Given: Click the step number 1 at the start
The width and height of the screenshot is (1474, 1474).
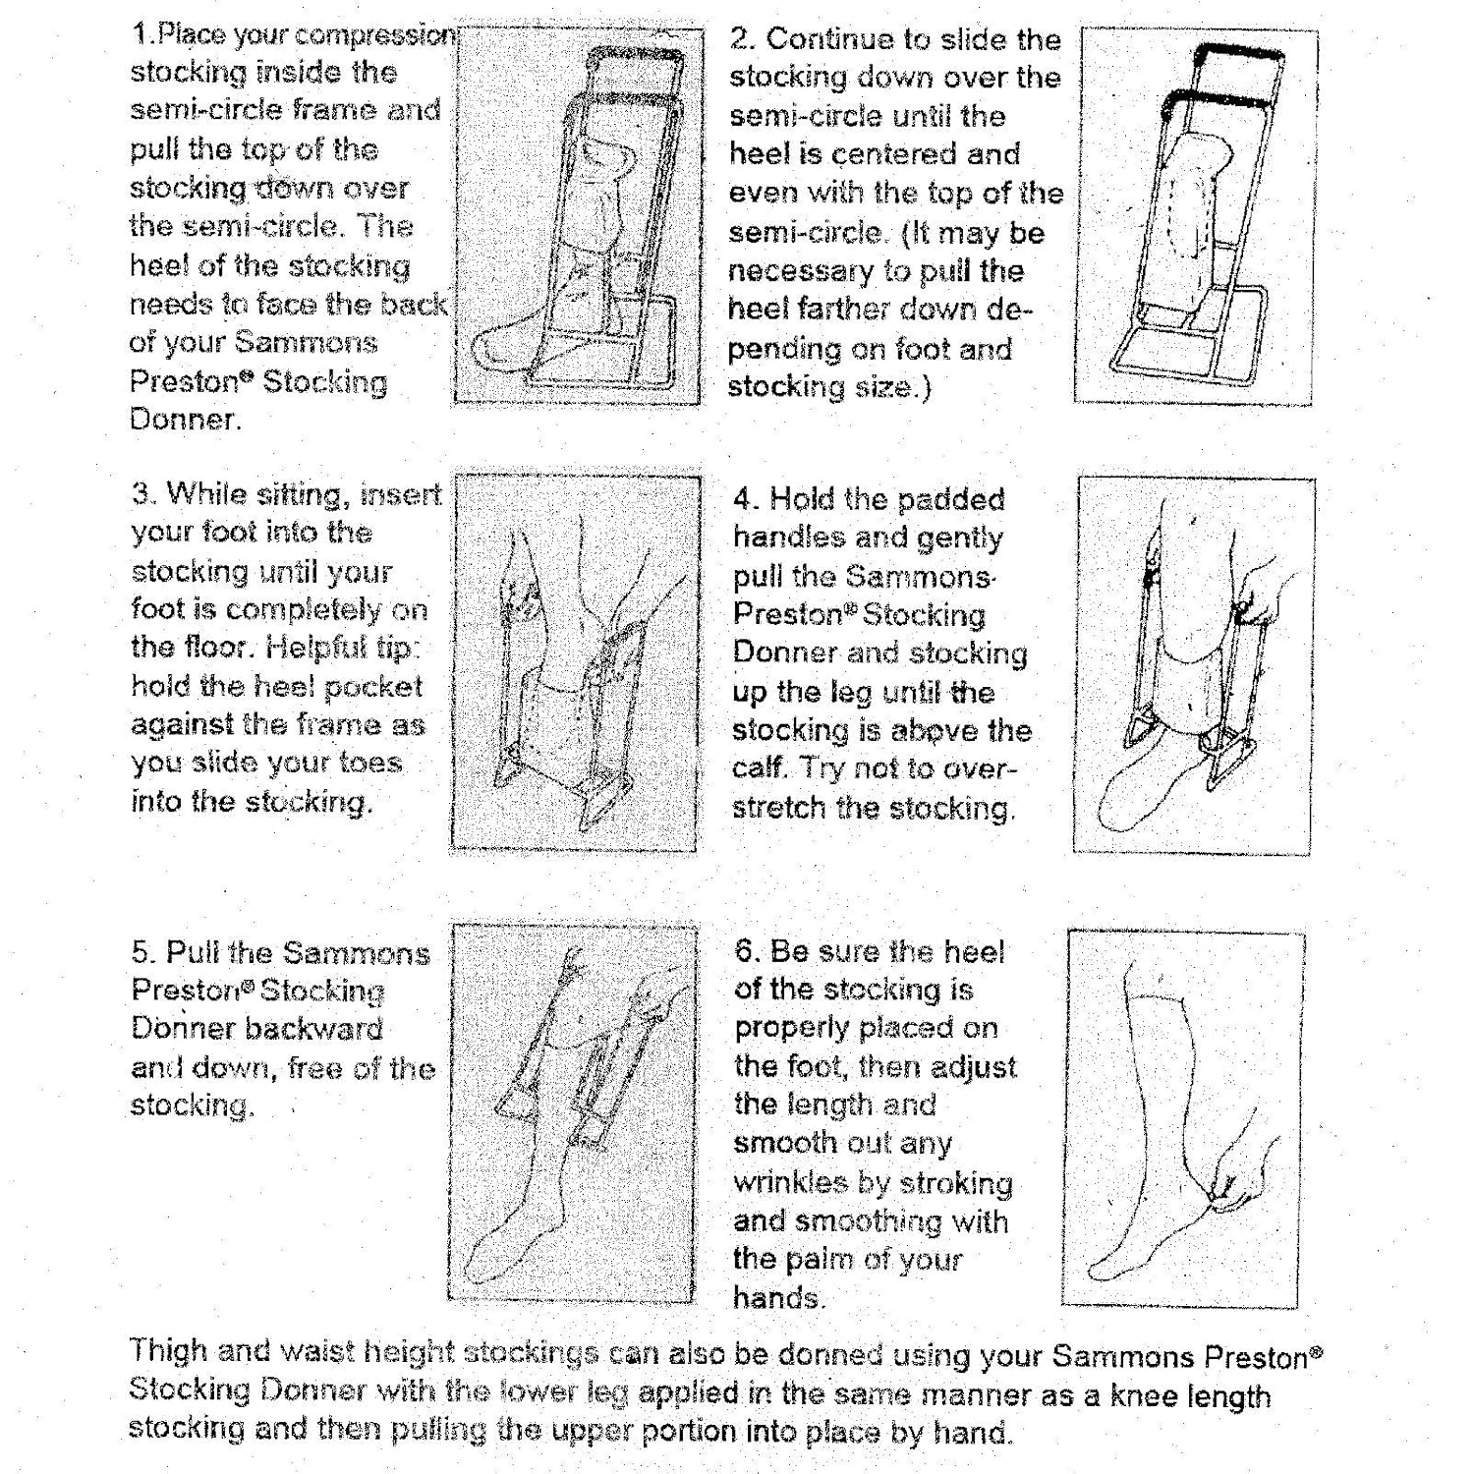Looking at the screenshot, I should pos(140,34).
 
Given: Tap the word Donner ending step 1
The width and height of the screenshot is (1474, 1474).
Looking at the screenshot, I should pos(184,420).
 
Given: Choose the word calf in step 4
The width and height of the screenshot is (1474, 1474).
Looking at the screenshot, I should pos(759,767).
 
